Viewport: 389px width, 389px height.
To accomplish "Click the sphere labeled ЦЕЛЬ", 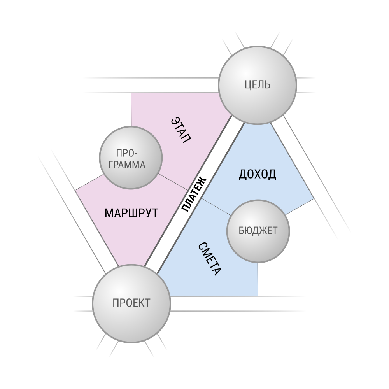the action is click(x=258, y=85).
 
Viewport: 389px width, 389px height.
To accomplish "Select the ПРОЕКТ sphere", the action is click(x=131, y=303).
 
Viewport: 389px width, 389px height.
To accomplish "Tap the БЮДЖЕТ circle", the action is click(x=258, y=231).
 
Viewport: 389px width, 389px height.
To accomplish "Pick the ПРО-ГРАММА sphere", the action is click(x=131, y=158).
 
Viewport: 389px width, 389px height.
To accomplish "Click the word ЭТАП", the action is click(x=181, y=130).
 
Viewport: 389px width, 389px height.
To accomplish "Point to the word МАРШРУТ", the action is click(x=131, y=213).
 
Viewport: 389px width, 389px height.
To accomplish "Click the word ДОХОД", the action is click(x=258, y=174).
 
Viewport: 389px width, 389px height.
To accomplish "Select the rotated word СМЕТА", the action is click(x=209, y=259).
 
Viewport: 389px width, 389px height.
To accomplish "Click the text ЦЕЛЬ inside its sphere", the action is click(x=258, y=84).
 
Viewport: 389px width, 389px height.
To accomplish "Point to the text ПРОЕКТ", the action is click(x=131, y=303).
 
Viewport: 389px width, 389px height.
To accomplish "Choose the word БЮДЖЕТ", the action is click(x=258, y=231).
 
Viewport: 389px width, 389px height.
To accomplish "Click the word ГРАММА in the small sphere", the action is click(x=127, y=165).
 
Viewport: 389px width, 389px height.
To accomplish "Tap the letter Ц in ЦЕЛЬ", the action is click(x=248, y=85).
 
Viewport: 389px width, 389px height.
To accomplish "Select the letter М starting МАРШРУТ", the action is click(x=109, y=213).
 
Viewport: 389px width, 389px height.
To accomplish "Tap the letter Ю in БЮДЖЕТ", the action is click(x=249, y=231).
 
